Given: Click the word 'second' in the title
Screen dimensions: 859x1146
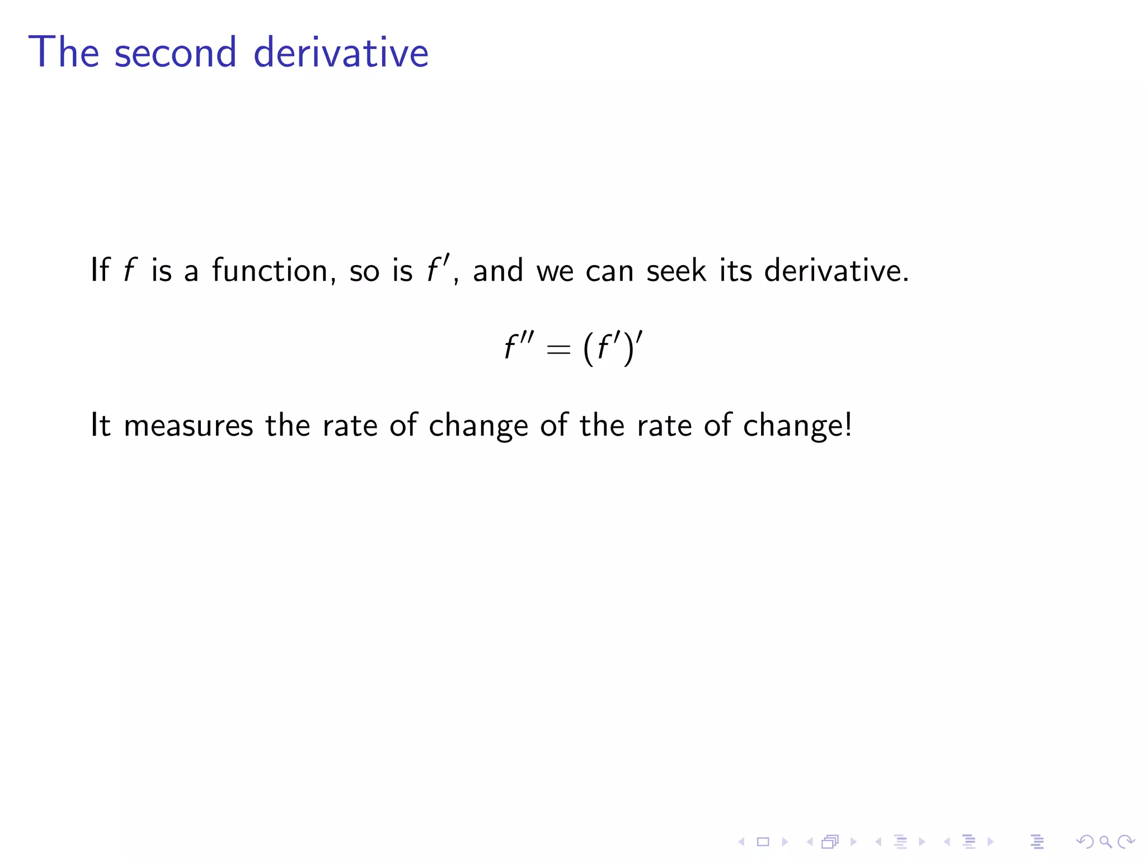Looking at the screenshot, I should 175,53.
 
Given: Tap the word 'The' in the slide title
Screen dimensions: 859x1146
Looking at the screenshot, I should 64,53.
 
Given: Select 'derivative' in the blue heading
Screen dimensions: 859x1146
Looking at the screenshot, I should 341,53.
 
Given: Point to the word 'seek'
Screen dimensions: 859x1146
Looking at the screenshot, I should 676,271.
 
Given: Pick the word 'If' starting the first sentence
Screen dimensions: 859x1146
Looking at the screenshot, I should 100,271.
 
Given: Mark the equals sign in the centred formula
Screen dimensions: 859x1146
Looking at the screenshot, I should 558,350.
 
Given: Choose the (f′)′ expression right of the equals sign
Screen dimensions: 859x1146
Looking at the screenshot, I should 612,347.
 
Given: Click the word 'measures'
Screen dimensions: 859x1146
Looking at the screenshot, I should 189,426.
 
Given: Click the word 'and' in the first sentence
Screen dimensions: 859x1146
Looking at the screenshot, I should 498,271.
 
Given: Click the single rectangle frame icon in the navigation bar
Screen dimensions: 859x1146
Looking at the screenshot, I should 763,842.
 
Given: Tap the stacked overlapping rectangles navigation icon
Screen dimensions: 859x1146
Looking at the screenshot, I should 830,842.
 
